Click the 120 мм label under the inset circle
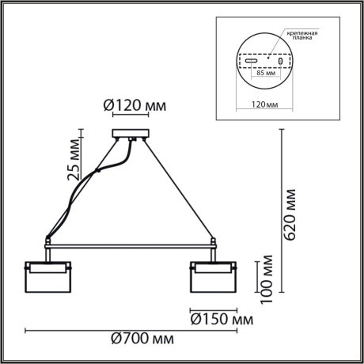265,104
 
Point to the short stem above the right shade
213,251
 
